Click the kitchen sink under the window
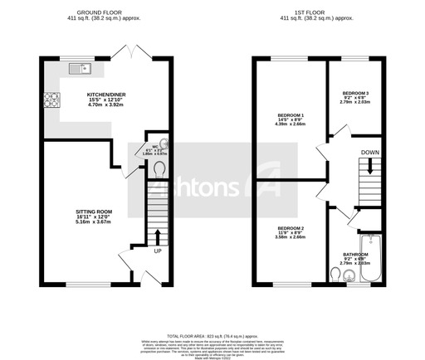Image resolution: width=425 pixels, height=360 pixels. (x=79, y=70)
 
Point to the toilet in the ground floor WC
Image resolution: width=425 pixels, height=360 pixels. (x=160, y=168)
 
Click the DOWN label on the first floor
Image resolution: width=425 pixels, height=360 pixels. (x=370, y=153)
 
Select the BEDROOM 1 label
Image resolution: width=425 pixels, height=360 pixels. (x=291, y=114)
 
